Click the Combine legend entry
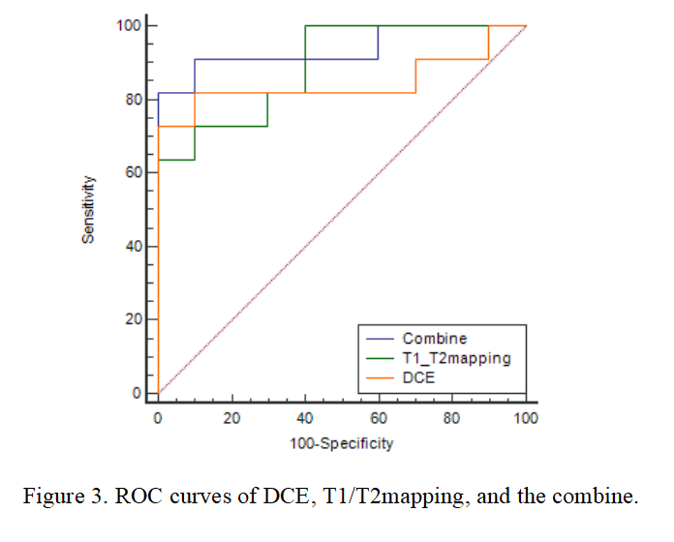pos(434,339)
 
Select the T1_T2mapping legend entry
pos(456,358)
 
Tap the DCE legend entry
pos(419,377)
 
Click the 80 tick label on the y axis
pos(134,99)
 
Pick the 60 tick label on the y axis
pos(134,172)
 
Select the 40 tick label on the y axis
pos(134,246)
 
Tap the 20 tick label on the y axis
pos(134,319)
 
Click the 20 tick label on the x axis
pos(231,419)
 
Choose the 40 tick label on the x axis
pos(305,419)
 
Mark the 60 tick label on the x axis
pos(379,419)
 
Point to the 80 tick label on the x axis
pos(452,419)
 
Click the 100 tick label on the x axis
pos(526,419)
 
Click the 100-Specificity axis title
pos(342,443)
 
